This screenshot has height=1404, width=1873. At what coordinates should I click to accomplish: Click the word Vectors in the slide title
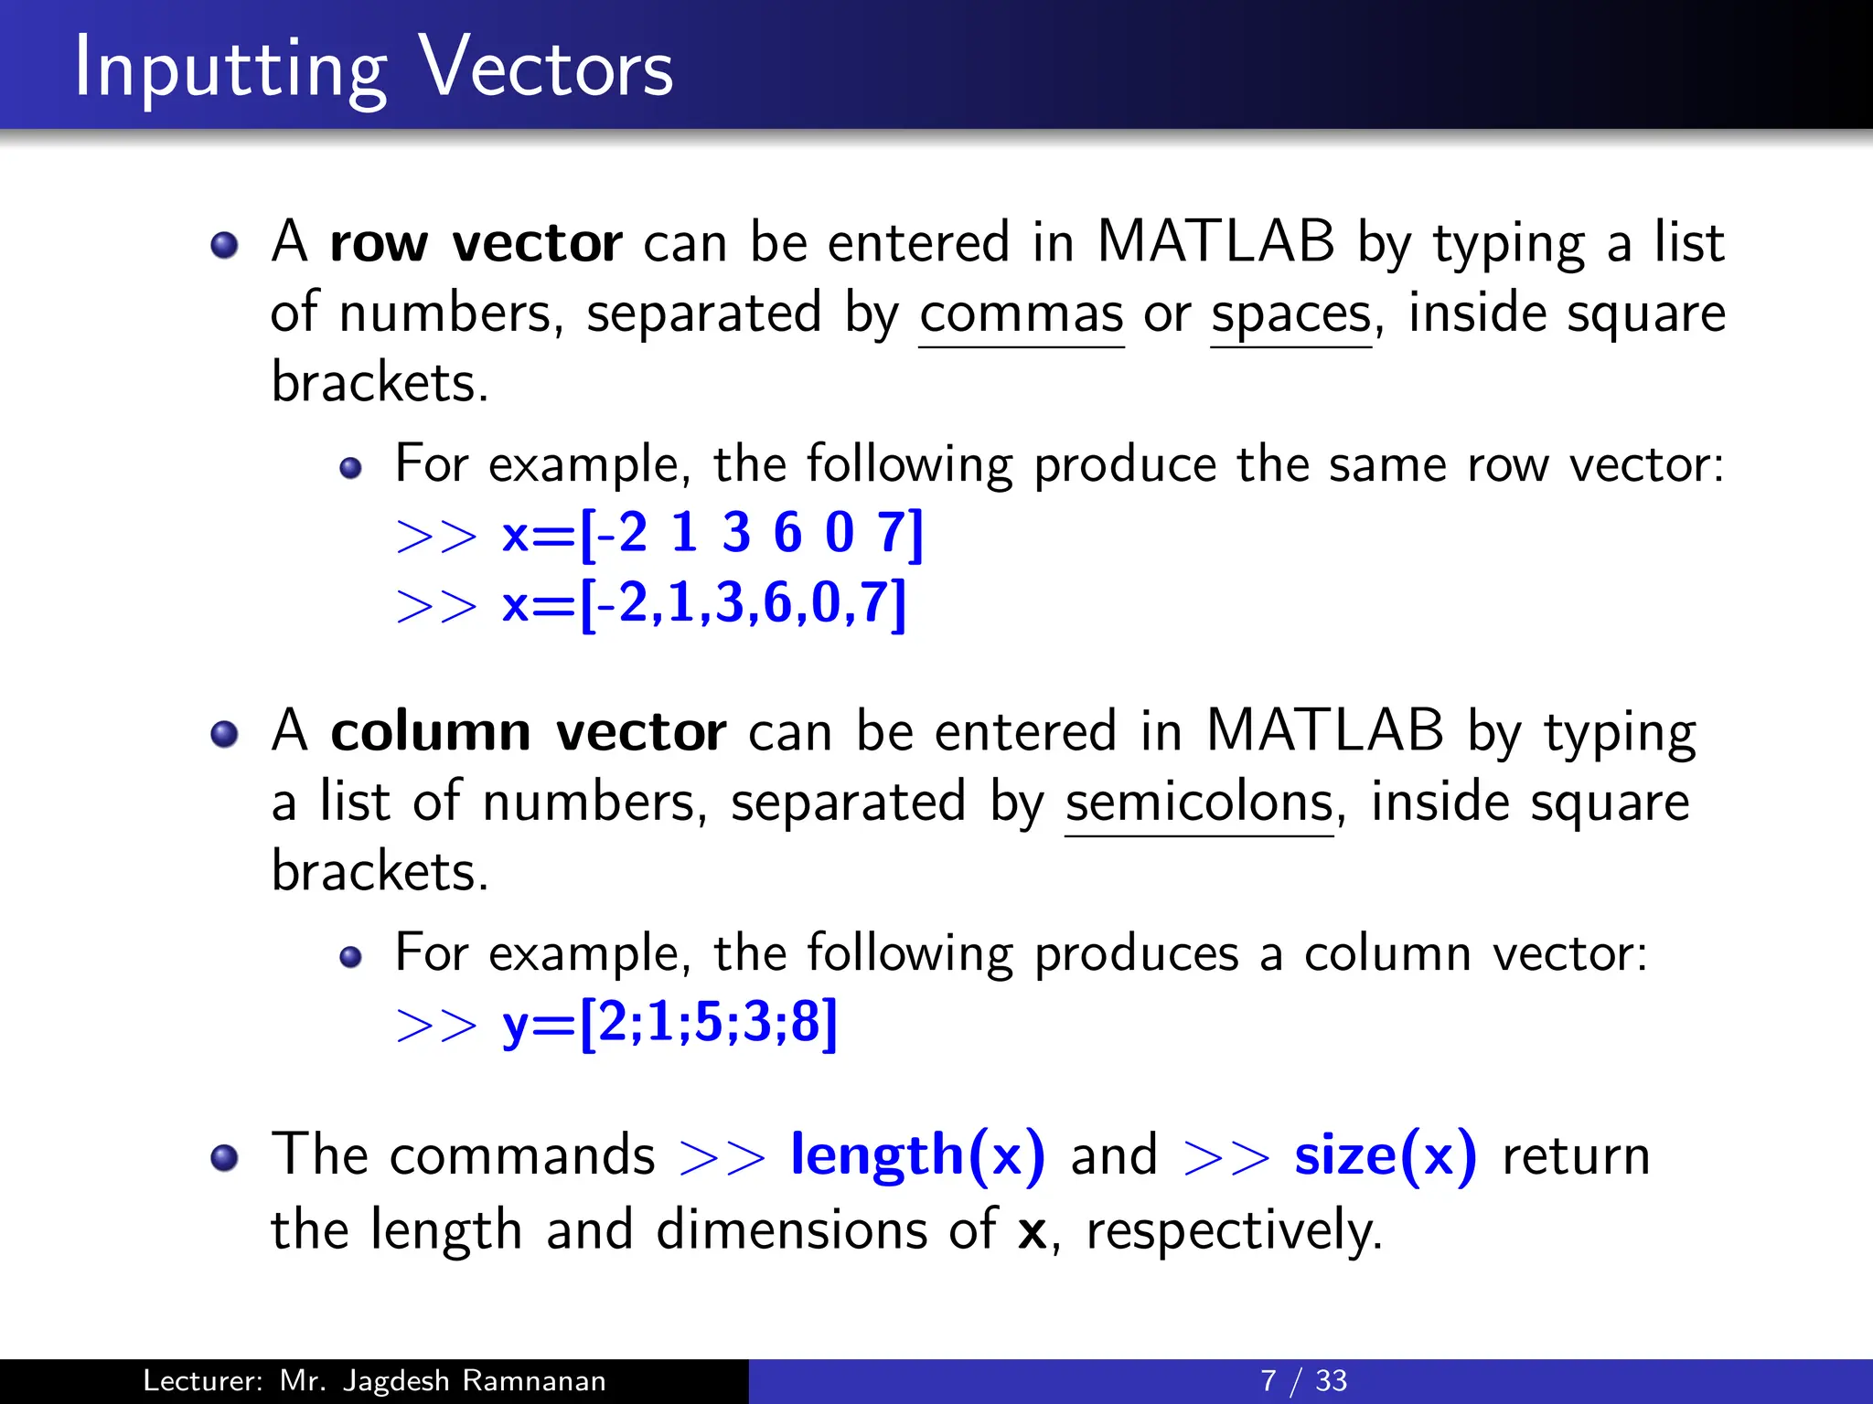pos(546,68)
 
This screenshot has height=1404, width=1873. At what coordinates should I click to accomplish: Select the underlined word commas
pos(1021,314)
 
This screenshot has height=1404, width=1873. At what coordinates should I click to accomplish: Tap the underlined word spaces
pos(1290,314)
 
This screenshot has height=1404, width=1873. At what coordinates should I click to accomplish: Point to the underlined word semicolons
pos(1199,803)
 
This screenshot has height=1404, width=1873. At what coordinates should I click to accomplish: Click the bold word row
pos(379,243)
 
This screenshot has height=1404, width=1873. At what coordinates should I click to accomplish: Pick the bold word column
pos(431,732)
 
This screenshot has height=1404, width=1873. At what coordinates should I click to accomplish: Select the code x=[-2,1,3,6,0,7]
pos(704,603)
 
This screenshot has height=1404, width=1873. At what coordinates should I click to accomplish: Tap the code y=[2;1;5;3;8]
pos(669,1023)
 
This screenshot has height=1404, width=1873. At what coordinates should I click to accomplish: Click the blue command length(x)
pos(917,1155)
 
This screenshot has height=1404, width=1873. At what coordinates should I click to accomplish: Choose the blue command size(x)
pos(1385,1155)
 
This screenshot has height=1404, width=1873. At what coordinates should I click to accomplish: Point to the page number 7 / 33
pos(1303,1380)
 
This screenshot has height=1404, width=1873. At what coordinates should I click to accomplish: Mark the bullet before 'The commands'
pos(224,1158)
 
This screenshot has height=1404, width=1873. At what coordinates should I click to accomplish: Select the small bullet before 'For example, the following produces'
pos(350,957)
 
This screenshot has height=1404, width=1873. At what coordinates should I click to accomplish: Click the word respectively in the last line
pos(1234,1229)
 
